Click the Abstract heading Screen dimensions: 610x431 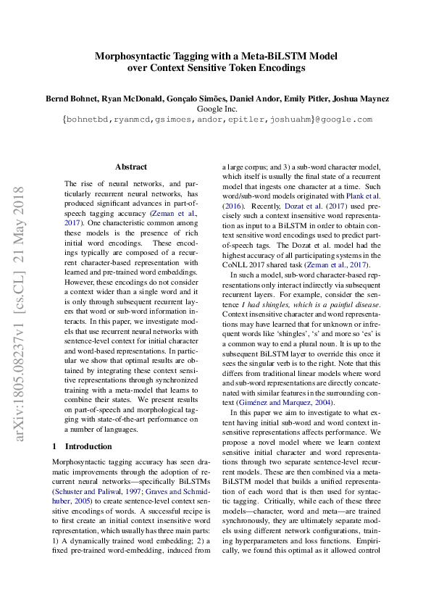[131, 167]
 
